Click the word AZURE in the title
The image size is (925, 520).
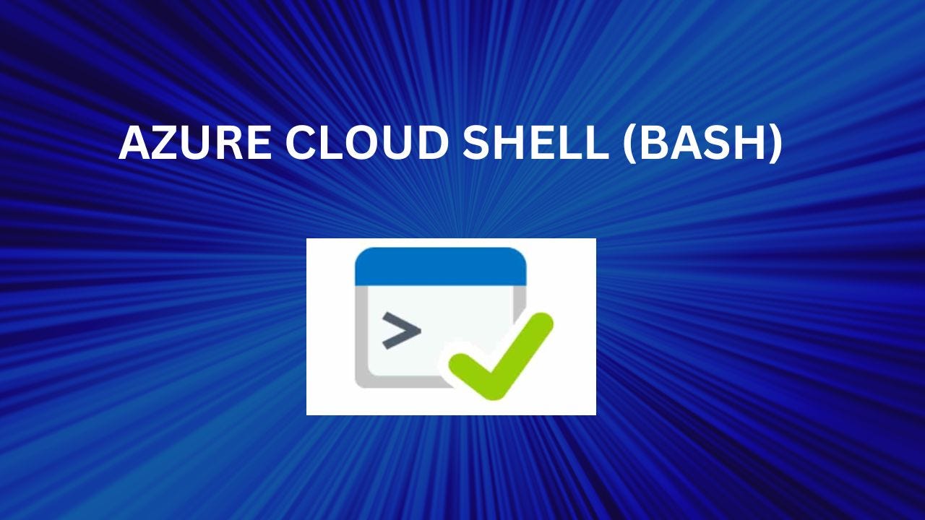(x=195, y=142)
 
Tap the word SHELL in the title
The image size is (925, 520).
(x=535, y=142)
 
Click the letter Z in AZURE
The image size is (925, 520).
(x=163, y=143)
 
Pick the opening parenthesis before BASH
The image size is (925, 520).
(x=628, y=144)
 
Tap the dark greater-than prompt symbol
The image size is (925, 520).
(x=401, y=330)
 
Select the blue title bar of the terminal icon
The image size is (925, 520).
(x=441, y=266)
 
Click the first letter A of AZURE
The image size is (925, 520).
(x=134, y=143)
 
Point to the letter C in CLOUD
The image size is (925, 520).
(x=299, y=143)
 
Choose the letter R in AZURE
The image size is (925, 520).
(x=231, y=143)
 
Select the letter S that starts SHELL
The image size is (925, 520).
(x=476, y=143)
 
